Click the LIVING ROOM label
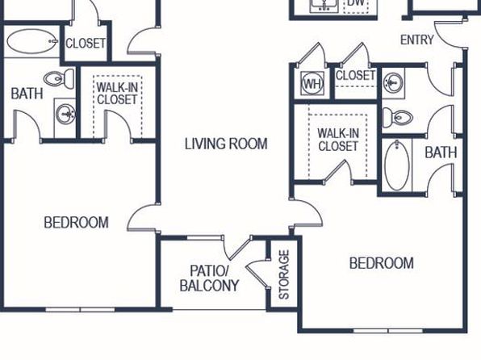point(226,144)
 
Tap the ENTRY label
point(417,40)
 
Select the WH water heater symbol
point(312,83)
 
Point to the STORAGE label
point(284,274)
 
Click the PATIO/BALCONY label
point(209,278)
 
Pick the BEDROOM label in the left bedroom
point(76,223)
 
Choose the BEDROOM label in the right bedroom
point(382,263)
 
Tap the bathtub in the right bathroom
point(397,165)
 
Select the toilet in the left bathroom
point(59,79)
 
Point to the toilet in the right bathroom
point(398,117)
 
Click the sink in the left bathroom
point(65,115)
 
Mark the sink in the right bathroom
point(394,82)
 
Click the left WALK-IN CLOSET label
point(117,94)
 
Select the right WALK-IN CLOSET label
point(338,140)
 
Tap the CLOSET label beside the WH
point(355,75)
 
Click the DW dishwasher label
point(356,2)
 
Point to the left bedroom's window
point(81,310)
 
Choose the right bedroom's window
point(388,331)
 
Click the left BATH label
point(27,94)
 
